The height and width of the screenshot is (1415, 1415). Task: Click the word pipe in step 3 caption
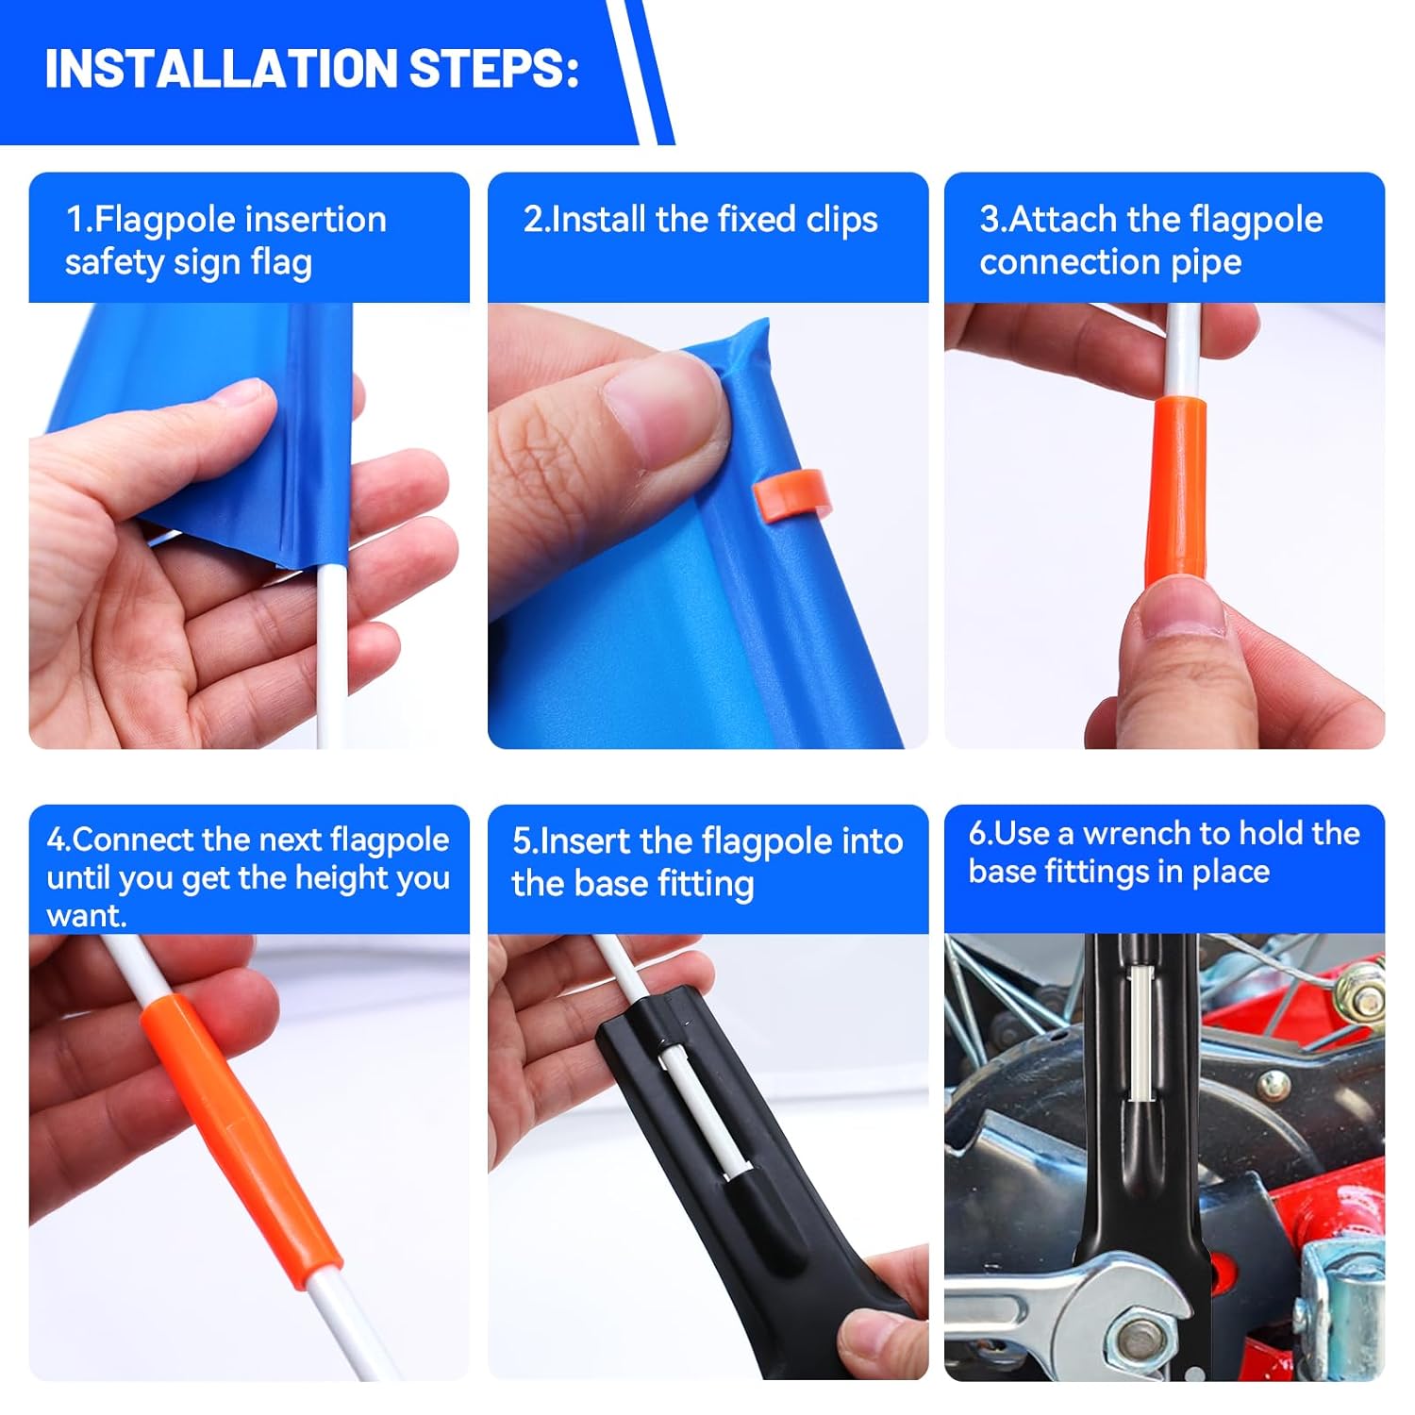(1206, 264)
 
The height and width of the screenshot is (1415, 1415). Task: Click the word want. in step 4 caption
(87, 917)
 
